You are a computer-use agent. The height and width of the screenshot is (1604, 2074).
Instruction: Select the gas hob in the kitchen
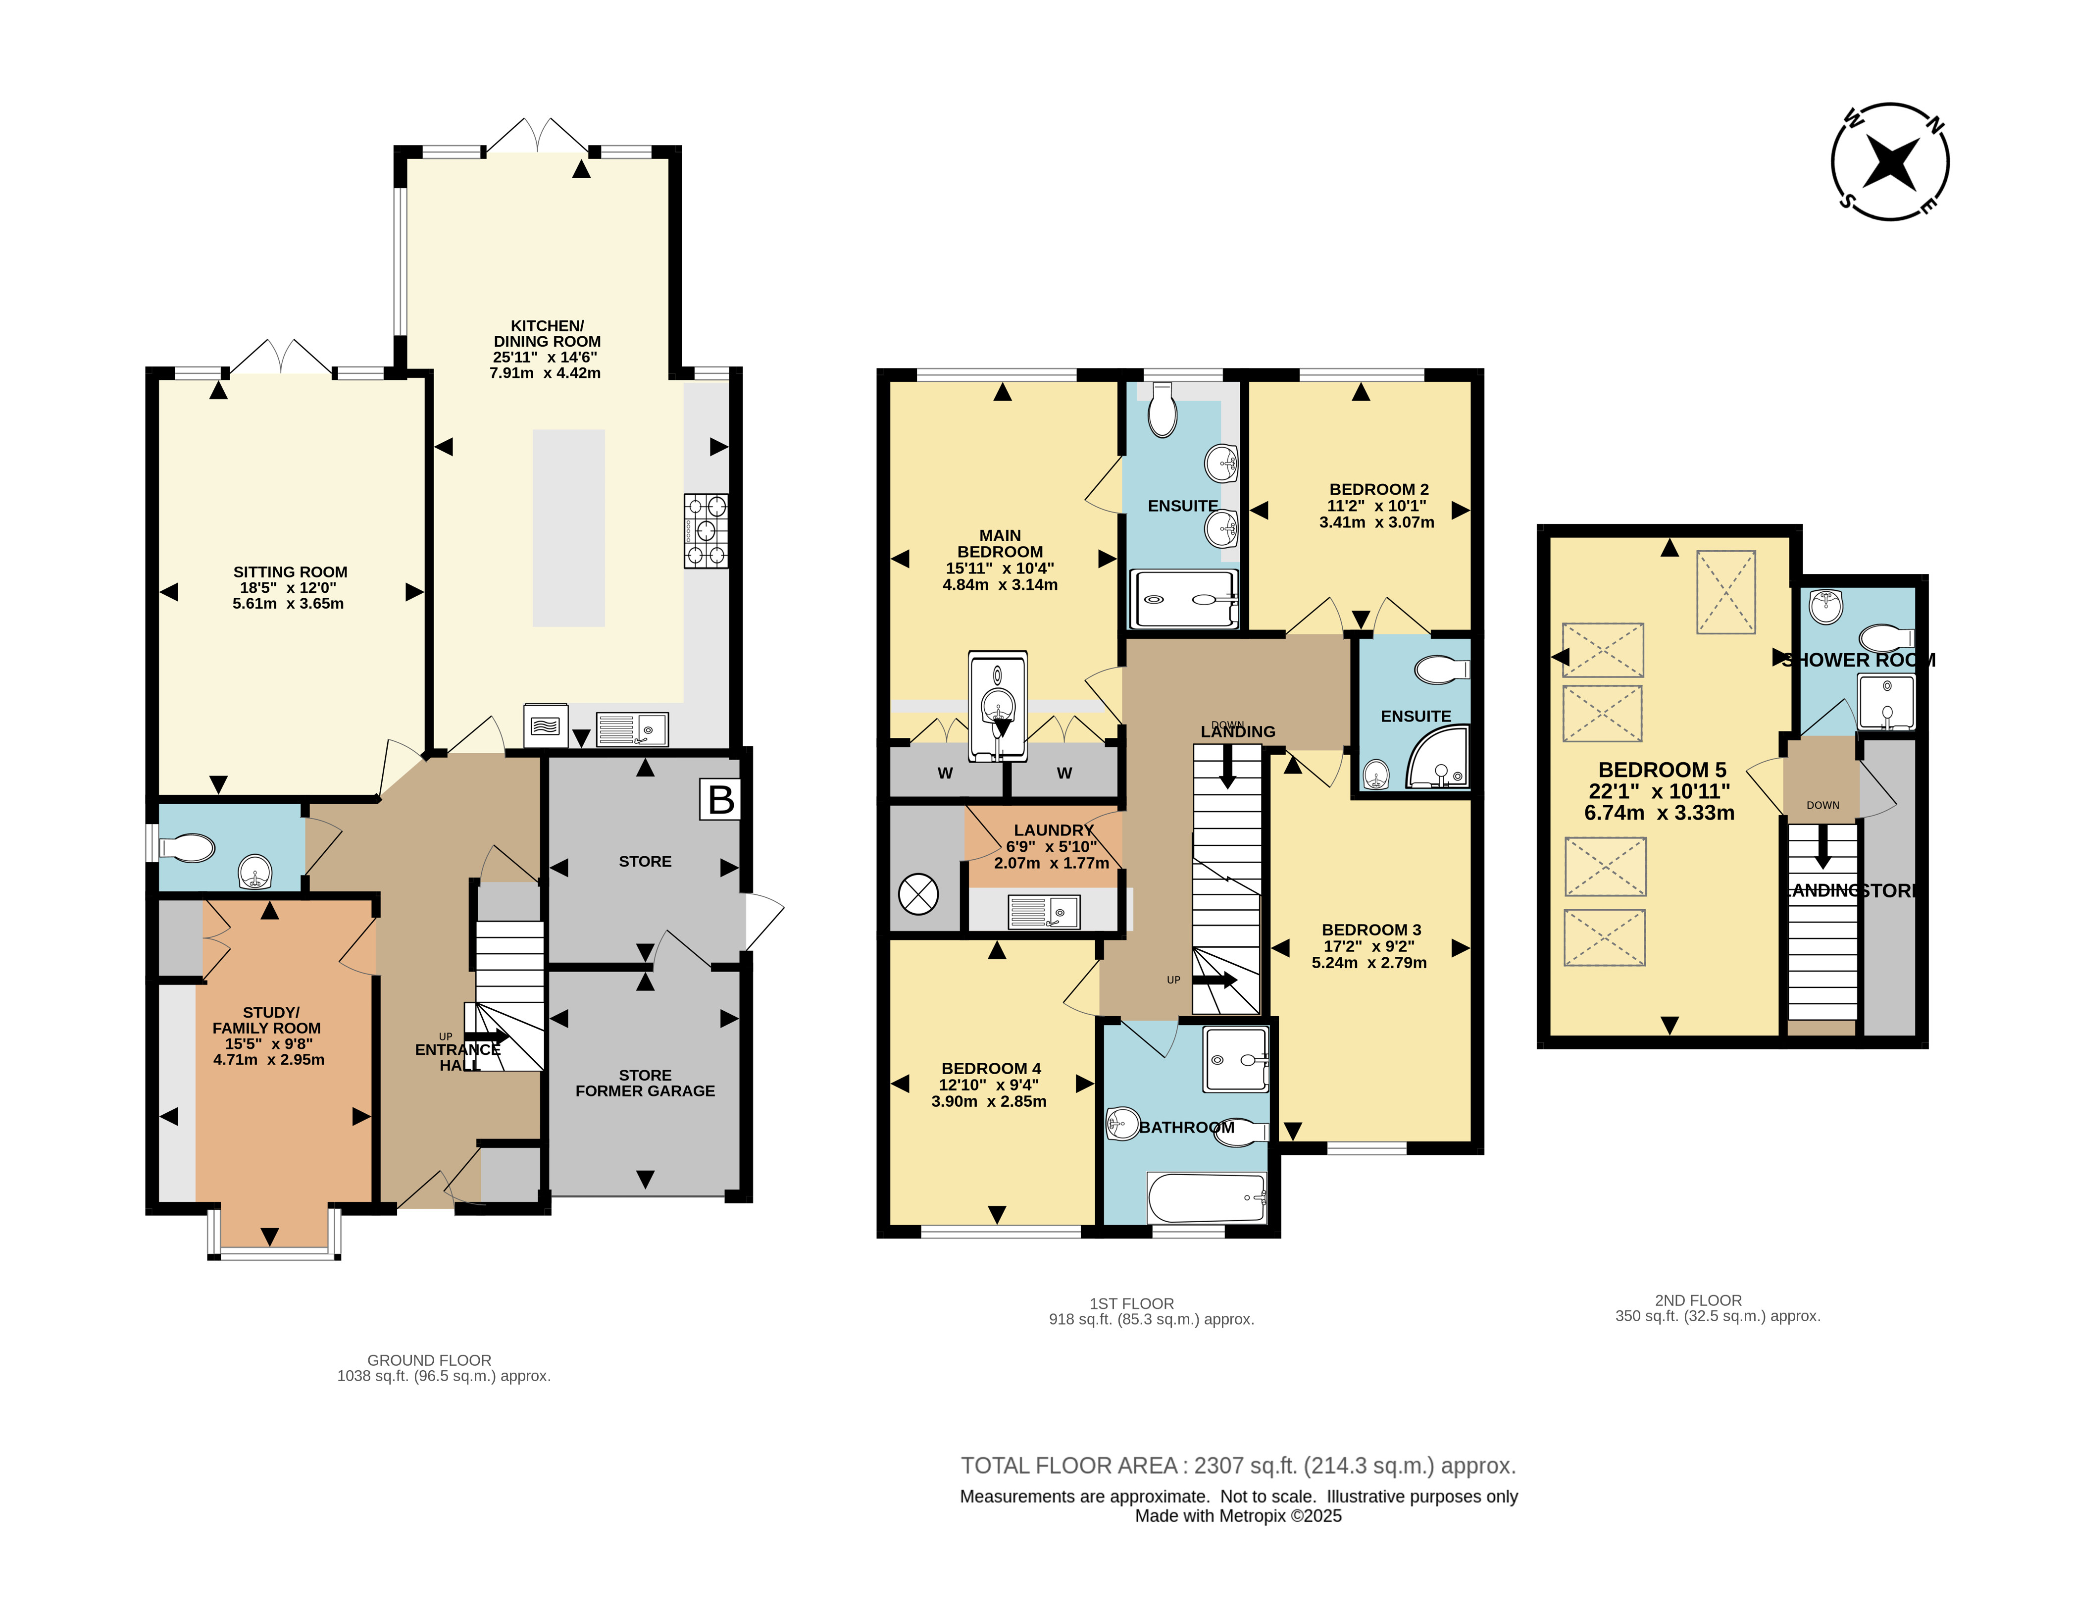tap(706, 531)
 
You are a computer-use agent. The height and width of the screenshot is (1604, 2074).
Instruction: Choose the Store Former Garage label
tap(645, 1083)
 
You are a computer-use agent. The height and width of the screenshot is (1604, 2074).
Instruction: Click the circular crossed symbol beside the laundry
tap(918, 894)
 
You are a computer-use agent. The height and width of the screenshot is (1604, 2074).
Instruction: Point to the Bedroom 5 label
tap(1662, 770)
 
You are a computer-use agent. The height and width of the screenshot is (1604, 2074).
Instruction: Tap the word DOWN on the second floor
tap(1822, 805)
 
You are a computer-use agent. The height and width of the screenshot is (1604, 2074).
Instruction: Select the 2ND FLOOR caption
tap(1698, 1300)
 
